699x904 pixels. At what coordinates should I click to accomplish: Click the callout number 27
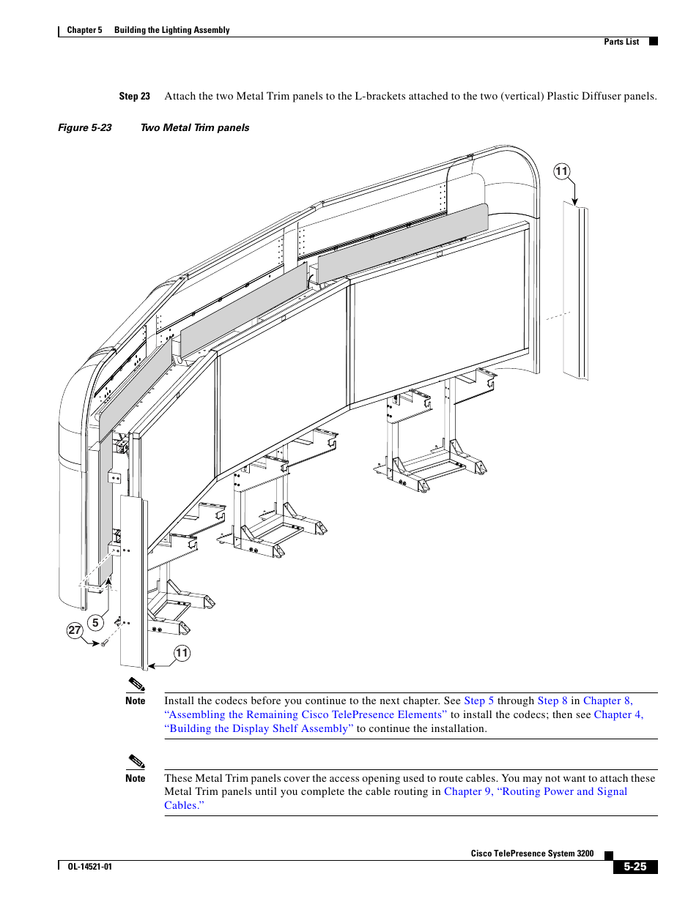coord(75,630)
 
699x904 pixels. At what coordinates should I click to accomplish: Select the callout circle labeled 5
coord(95,623)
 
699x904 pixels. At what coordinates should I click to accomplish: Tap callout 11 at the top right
coord(561,171)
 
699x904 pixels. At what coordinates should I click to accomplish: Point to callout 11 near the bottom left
coord(182,653)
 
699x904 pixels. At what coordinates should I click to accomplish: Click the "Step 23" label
coord(134,96)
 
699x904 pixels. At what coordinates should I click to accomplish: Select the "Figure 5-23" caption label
coord(85,127)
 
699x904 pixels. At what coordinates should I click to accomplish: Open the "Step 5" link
coord(478,701)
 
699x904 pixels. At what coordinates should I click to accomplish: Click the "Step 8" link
coord(552,701)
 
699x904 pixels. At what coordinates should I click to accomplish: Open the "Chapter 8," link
coord(607,701)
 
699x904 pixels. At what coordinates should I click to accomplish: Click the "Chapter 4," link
coord(618,714)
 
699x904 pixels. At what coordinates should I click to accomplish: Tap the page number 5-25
coord(635,867)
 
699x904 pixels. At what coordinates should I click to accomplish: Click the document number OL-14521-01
coord(90,867)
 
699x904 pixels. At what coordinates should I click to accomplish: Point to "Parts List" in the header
coord(621,42)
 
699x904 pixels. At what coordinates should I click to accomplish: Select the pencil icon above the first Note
coord(136,684)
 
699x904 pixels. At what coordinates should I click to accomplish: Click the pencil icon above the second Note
coord(136,761)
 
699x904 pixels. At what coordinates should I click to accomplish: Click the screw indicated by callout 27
coord(104,643)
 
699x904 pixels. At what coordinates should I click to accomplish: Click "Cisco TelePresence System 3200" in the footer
coord(532,853)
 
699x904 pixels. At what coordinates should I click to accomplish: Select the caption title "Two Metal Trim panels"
coord(195,127)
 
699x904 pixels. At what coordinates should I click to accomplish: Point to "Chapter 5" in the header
coord(84,30)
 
